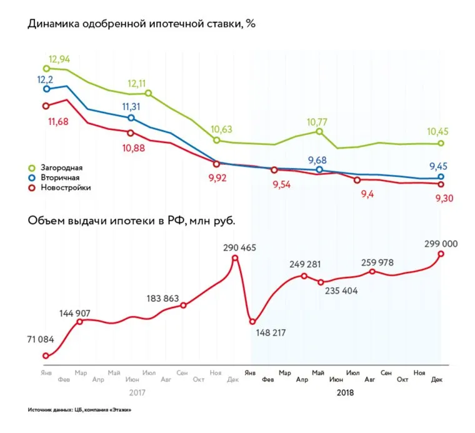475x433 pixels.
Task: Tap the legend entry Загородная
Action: [x=61, y=168]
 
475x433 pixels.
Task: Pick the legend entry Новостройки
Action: [x=65, y=187]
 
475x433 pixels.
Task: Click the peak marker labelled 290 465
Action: [x=235, y=257]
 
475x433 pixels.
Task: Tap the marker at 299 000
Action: [x=441, y=254]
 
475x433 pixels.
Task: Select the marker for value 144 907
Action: [x=80, y=322]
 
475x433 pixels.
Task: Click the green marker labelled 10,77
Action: [x=319, y=132]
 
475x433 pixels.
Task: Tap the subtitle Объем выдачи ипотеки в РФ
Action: [x=131, y=221]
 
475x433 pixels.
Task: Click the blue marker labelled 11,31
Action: [x=131, y=117]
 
